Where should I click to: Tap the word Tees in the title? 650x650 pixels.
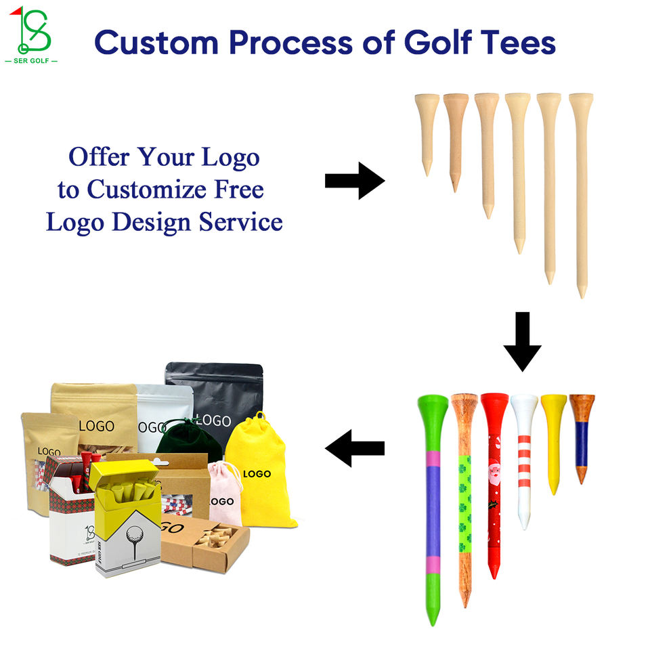tap(519, 43)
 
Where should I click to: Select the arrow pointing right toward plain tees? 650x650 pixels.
tap(354, 181)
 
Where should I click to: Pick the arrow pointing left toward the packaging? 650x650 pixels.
tap(354, 448)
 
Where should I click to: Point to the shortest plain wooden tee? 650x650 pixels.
tap(427, 129)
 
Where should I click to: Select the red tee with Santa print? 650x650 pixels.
tap(494, 474)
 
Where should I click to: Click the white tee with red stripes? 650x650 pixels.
tap(524, 454)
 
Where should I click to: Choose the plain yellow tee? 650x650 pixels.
tap(553, 440)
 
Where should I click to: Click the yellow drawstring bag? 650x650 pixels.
tap(259, 474)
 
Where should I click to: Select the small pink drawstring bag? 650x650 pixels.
tap(225, 494)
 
